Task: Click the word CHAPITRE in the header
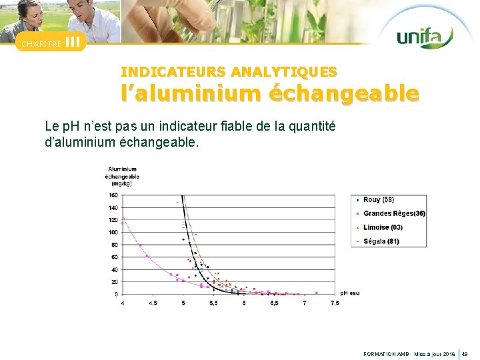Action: click(41, 44)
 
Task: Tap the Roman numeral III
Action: click(74, 42)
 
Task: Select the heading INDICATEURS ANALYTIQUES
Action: click(229, 71)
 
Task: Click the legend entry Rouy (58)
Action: click(378, 200)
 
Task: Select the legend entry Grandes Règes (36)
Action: click(394, 213)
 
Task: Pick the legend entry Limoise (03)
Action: click(383, 227)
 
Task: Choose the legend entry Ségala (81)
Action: click(381, 241)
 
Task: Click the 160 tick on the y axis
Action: click(113, 195)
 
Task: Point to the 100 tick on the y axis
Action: click(113, 232)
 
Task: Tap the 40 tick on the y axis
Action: click(114, 269)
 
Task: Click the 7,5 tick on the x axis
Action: click(334, 303)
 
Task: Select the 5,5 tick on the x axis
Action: click(213, 303)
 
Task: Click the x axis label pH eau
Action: click(349, 293)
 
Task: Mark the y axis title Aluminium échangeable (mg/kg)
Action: click(123, 176)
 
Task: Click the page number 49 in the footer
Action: click(465, 353)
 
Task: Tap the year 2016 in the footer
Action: click(448, 353)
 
